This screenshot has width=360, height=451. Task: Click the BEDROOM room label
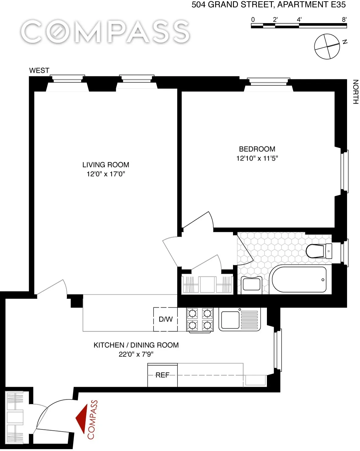(257, 149)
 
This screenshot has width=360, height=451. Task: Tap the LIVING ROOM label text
(106, 165)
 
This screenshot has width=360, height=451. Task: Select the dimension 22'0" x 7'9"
(136, 354)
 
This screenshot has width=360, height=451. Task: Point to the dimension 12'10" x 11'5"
(257, 158)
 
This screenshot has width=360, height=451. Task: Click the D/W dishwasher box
(166, 319)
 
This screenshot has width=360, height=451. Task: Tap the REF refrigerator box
(162, 375)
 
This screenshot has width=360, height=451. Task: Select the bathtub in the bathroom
(299, 279)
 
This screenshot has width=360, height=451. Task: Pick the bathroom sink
(252, 284)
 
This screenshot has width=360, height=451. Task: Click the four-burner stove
(200, 319)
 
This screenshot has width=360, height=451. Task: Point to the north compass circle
(327, 47)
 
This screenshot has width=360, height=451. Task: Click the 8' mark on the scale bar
(344, 20)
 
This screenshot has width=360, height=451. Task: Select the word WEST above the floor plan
(39, 71)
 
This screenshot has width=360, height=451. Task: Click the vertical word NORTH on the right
(355, 92)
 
